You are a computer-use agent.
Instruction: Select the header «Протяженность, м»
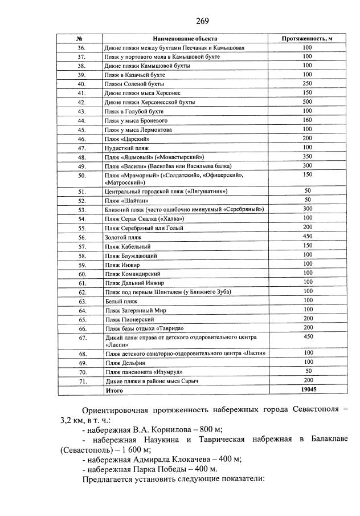click(x=307, y=38)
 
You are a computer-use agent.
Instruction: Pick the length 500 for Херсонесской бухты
click(x=307, y=102)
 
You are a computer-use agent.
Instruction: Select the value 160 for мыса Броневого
click(x=307, y=120)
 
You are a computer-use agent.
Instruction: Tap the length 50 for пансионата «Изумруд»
click(x=307, y=371)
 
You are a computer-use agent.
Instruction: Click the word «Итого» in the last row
click(x=114, y=390)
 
